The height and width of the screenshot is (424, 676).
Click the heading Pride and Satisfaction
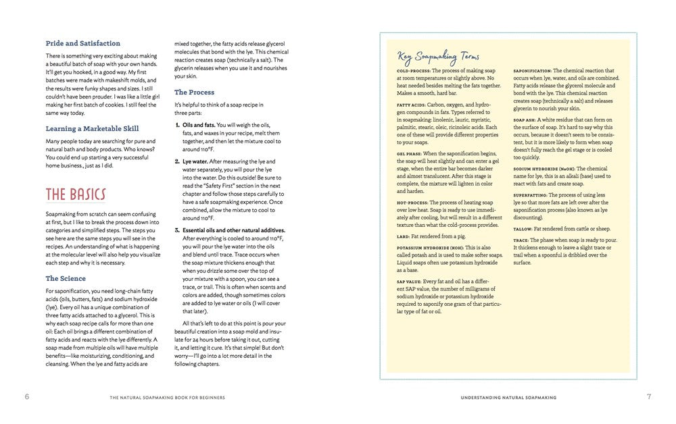click(83, 43)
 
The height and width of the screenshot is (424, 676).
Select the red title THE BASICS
click(76, 195)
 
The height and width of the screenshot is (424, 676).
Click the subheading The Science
click(66, 278)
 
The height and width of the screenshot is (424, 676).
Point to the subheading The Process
click(194, 92)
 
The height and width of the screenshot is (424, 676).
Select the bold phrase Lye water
click(196, 161)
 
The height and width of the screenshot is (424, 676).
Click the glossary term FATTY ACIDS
click(410, 105)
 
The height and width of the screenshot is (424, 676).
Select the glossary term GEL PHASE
click(409, 154)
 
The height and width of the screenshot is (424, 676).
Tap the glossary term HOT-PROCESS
click(411, 203)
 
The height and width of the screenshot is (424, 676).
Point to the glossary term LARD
click(403, 237)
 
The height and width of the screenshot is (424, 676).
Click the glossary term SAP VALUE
click(409, 281)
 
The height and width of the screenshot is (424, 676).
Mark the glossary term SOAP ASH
click(525, 120)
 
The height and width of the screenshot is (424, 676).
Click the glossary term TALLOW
click(523, 229)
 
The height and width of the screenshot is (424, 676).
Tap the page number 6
click(27, 396)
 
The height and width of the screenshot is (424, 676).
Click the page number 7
click(649, 396)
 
